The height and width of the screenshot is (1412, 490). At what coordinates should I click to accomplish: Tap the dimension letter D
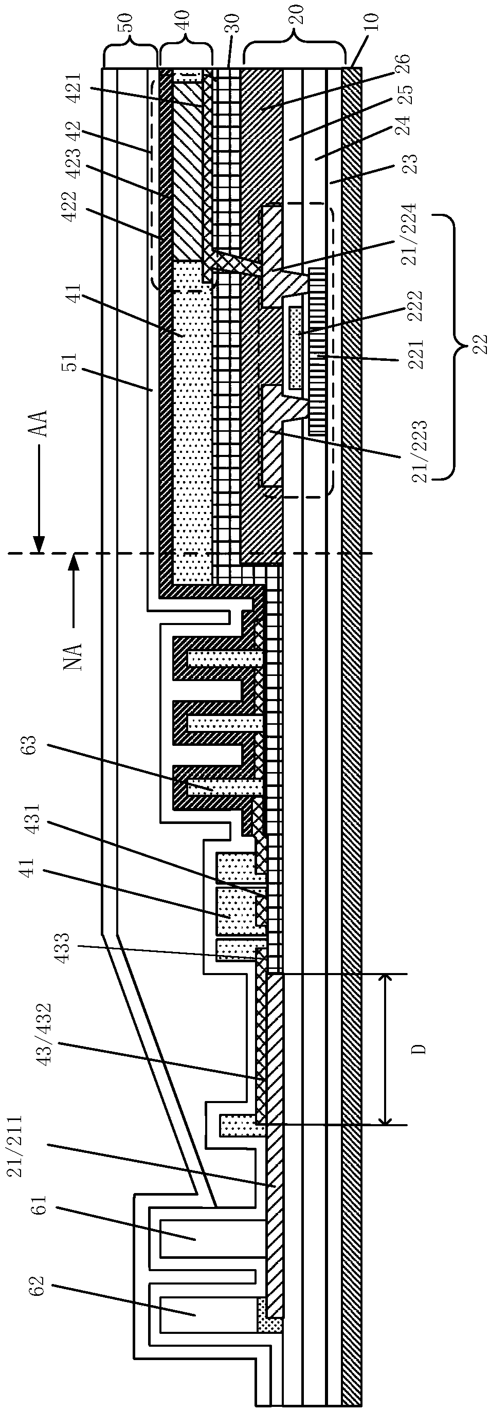point(418,1049)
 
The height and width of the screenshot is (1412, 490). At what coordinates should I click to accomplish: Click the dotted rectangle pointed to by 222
point(296,345)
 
